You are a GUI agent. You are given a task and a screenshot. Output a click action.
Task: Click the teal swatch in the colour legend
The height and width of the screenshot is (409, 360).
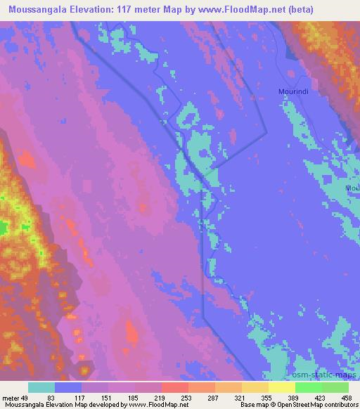(41, 387)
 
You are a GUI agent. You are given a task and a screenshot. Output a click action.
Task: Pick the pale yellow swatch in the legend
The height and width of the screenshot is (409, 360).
(282, 387)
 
